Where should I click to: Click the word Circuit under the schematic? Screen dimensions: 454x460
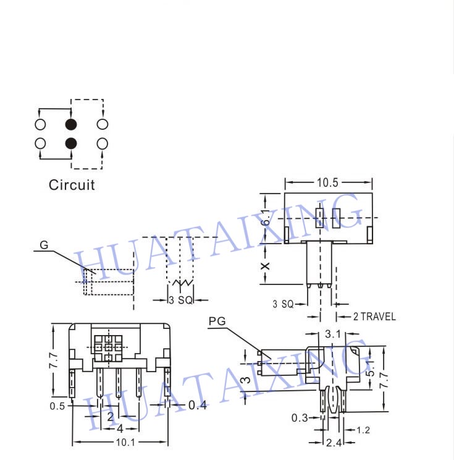tap(72, 185)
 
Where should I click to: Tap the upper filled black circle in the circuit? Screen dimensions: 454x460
tap(71, 124)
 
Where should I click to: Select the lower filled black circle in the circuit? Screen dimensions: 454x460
tap(71, 143)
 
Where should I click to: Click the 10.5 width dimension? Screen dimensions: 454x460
tap(327, 182)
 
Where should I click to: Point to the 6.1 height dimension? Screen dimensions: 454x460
tap(266, 218)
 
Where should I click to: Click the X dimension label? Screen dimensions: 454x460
tap(265, 266)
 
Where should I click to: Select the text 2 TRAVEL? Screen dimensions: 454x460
tap(374, 317)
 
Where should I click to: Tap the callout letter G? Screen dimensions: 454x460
tap(44, 245)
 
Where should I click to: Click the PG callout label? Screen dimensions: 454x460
tap(217, 321)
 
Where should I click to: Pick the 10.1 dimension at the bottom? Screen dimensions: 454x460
tap(125, 442)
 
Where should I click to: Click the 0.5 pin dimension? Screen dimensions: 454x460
tap(57, 406)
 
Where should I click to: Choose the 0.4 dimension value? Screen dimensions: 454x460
tap(198, 405)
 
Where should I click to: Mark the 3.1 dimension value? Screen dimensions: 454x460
tap(333, 334)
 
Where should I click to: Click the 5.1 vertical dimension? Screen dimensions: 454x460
tap(371, 368)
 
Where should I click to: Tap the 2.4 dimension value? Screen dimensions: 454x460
tap(334, 443)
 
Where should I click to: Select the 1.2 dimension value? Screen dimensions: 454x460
tap(363, 430)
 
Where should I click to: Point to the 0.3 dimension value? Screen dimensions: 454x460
tap(300, 418)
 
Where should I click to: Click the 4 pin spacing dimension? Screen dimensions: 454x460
tap(120, 428)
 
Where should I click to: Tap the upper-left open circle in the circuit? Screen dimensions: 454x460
tap(40, 124)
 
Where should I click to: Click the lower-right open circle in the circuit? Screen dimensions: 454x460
tap(102, 143)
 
